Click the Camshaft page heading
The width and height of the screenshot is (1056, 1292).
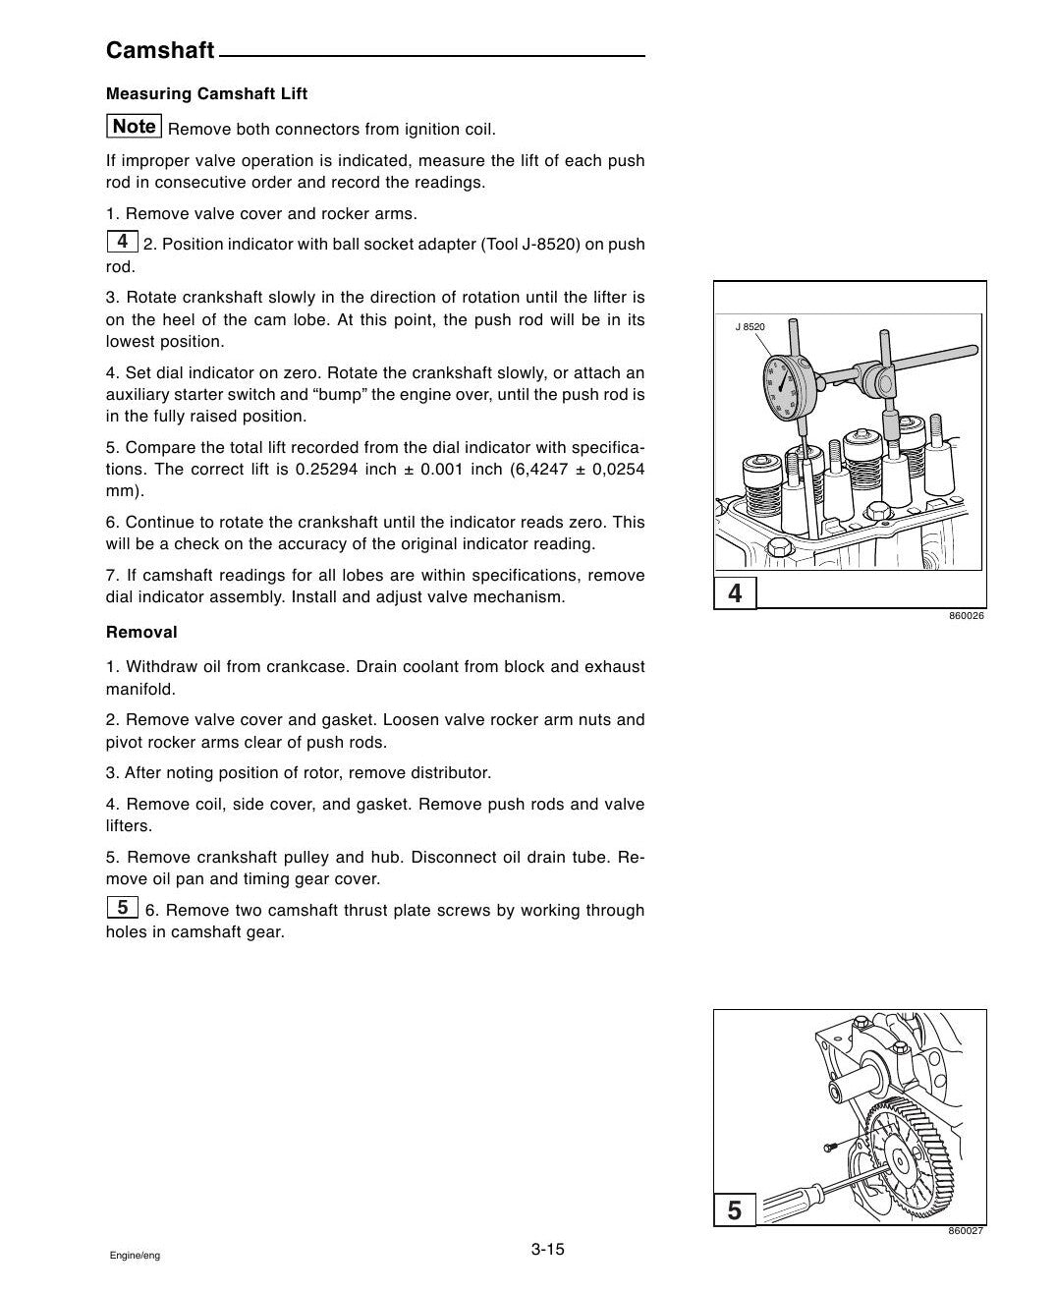160,50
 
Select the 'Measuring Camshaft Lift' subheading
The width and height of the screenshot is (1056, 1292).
206,93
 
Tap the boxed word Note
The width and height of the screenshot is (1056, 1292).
135,126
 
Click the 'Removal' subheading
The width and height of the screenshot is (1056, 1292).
141,632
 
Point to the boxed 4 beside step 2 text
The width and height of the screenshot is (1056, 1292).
123,242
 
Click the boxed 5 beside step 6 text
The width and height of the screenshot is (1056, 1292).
123,907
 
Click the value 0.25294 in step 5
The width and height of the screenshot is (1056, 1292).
326,470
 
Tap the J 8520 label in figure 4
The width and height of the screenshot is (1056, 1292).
750,327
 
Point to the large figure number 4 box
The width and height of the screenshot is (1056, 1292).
735,593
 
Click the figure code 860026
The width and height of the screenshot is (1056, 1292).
967,616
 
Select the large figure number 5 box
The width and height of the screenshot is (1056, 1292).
735,1210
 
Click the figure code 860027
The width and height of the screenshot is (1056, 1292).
966,1231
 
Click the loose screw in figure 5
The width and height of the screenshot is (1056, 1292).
829,1145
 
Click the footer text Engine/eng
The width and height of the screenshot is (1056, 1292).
135,1256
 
